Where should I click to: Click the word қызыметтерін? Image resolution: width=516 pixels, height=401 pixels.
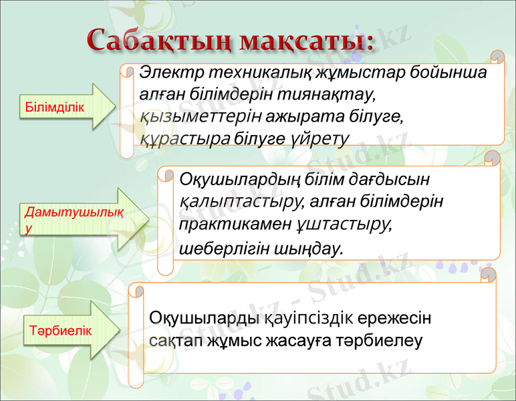201,116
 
